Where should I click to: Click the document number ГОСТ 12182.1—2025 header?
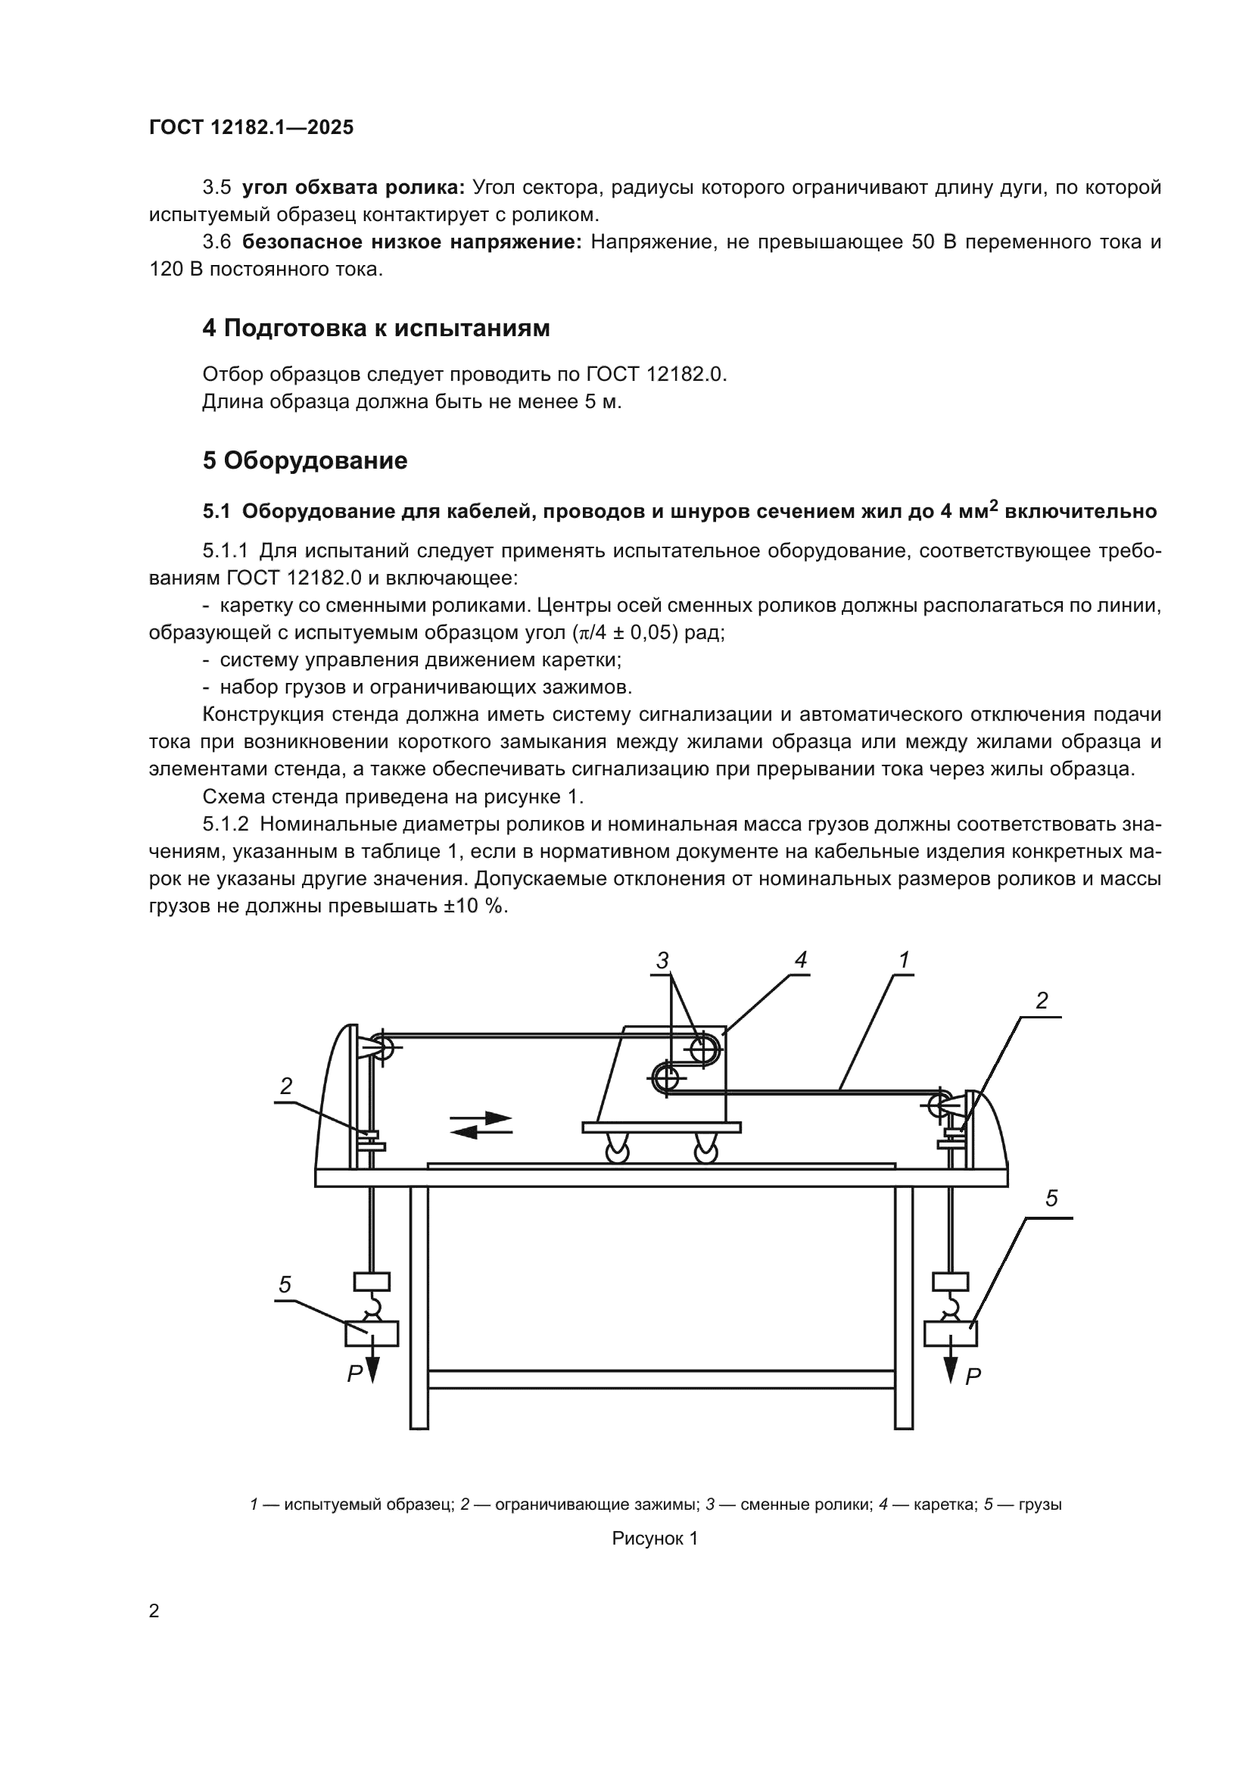tap(251, 127)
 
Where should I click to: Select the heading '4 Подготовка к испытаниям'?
tap(375, 328)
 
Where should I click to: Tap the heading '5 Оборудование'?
tap(304, 460)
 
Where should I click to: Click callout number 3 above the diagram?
tap(662, 960)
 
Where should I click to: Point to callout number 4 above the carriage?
tap(800, 959)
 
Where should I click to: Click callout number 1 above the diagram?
tap(905, 959)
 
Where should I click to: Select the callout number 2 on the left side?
tap(286, 1086)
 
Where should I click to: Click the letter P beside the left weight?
tap(353, 1373)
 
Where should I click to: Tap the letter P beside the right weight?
tap(973, 1376)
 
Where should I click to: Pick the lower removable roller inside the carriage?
tap(666, 1077)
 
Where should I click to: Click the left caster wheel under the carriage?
tap(618, 1152)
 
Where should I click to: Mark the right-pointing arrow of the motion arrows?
tap(483, 1118)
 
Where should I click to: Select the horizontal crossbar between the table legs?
tap(661, 1379)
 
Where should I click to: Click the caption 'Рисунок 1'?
tap(655, 1539)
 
